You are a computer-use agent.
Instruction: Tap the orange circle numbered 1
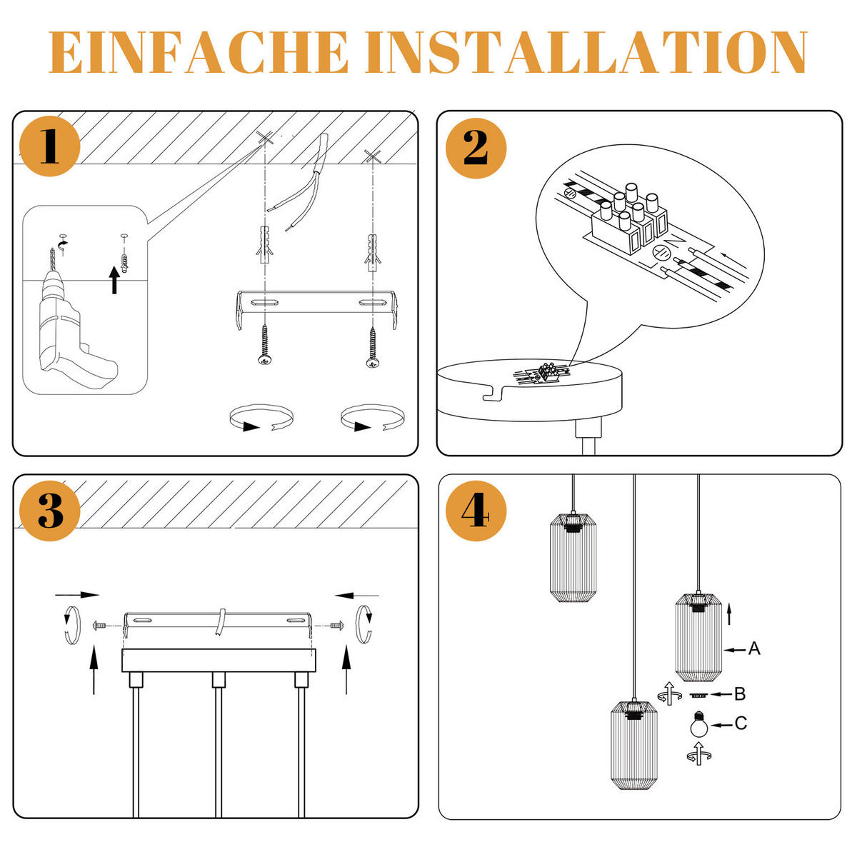(x=49, y=146)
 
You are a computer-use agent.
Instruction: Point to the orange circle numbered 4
(x=476, y=511)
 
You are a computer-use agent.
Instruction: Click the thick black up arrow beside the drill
(x=114, y=279)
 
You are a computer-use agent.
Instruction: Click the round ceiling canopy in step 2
(x=528, y=389)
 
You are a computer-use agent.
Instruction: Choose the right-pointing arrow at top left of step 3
(x=77, y=594)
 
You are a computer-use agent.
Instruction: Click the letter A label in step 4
(x=754, y=649)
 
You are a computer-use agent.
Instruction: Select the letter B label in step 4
(x=740, y=693)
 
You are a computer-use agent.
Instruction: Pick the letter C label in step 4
(x=741, y=724)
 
